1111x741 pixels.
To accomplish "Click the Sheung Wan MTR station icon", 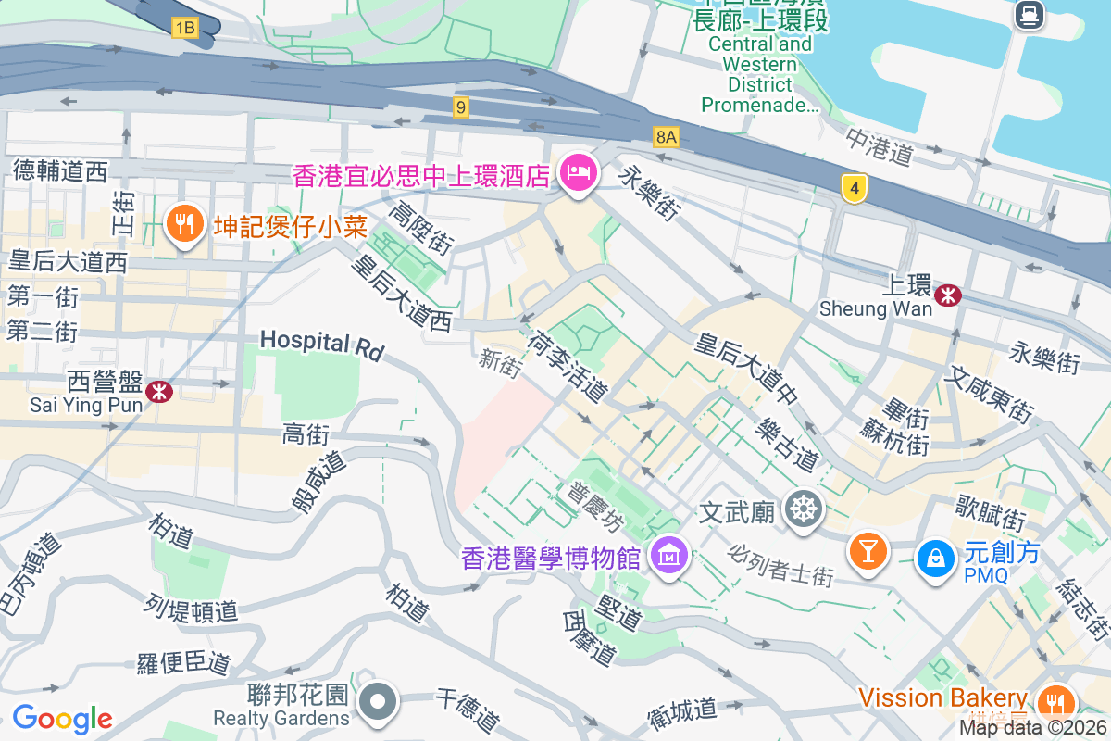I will coord(947,295).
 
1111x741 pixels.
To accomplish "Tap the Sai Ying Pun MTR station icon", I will coord(158,391).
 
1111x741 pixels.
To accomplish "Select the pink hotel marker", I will coord(579,173).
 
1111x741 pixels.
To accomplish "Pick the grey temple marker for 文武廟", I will coord(803,509).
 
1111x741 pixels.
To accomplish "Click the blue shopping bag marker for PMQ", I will coord(936,558).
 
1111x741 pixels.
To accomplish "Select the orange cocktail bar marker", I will coord(868,552).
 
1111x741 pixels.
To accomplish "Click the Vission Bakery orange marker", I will coord(1053,701).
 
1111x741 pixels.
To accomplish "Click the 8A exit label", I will coord(666,138).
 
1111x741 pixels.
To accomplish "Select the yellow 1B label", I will coord(184,28).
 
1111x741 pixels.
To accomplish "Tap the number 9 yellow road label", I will coord(460,107).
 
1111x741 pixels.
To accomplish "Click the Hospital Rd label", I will coord(321,343).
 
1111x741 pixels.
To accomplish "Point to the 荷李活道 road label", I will coord(567,368).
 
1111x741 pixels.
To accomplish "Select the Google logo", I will coord(62,718).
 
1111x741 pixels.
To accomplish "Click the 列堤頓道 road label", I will coord(191,609).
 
